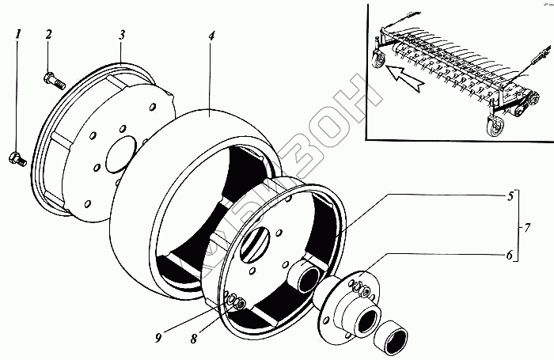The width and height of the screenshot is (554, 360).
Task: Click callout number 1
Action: tap(18, 36)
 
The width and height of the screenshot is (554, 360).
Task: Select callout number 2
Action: tap(48, 34)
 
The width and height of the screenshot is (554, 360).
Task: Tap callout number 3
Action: tap(121, 36)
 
